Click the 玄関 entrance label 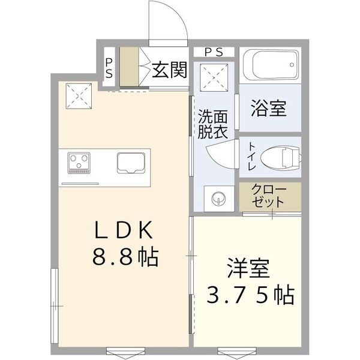pyautogui.click(x=169, y=70)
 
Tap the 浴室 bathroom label pyautogui.click(x=268, y=108)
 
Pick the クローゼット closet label pyautogui.click(x=269, y=196)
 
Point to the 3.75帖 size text pyautogui.click(x=250, y=295)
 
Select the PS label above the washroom pyautogui.click(x=214, y=52)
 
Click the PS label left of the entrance pyautogui.click(x=109, y=67)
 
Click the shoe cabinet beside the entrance pyautogui.click(x=129, y=67)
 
